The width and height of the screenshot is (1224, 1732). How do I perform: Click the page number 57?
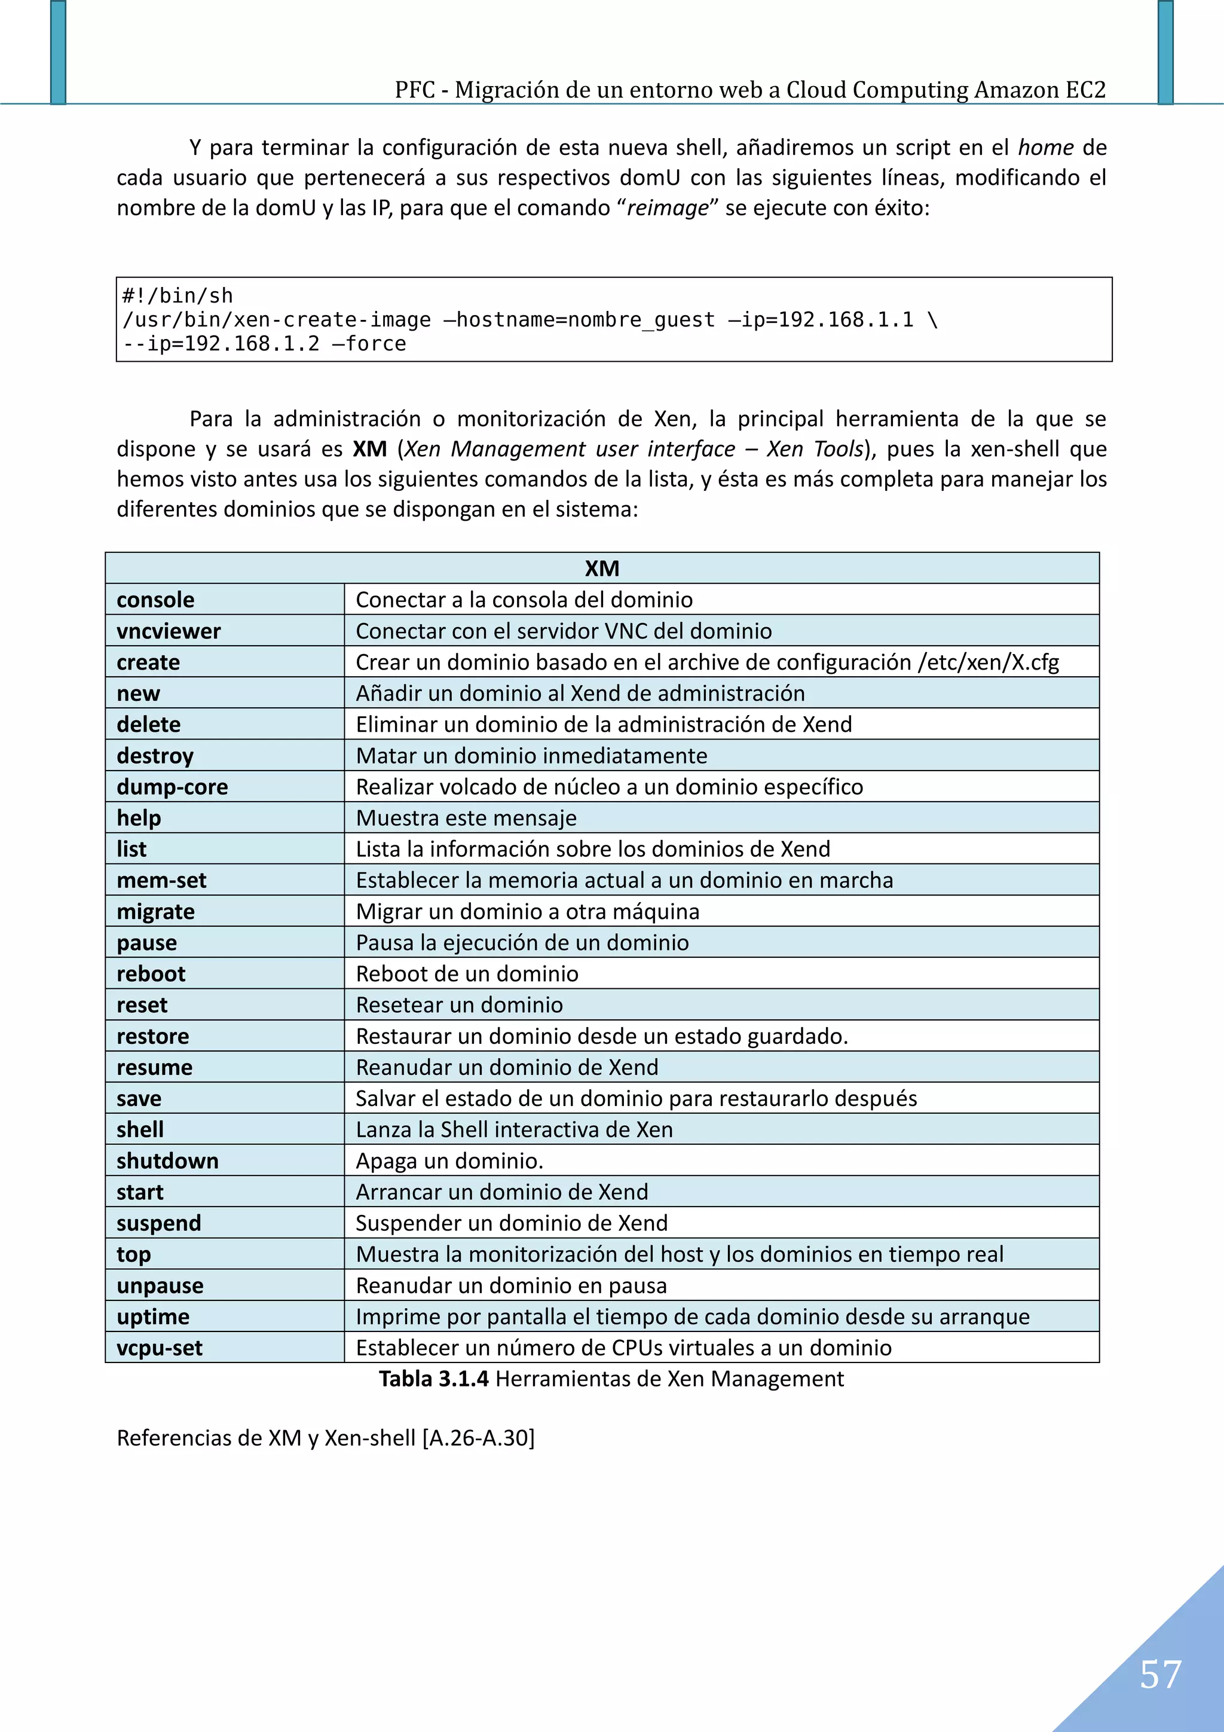point(1160,1674)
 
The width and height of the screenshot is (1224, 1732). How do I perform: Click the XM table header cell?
point(602,568)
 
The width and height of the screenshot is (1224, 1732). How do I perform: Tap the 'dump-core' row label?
point(172,787)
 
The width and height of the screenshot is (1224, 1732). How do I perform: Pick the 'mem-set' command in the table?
point(161,880)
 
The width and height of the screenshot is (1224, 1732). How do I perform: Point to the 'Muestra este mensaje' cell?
point(466,818)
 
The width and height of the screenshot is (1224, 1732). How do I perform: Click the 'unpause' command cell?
point(160,1285)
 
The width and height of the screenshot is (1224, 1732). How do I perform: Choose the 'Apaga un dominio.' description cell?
point(449,1160)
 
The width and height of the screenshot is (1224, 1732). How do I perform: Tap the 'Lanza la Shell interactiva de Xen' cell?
point(515,1129)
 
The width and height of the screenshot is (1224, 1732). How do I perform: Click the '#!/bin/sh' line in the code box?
point(178,296)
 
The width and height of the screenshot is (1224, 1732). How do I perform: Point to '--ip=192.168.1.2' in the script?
point(221,344)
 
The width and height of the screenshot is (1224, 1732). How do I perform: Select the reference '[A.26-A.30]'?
point(478,1438)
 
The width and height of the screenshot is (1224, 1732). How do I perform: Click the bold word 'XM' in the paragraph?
point(369,449)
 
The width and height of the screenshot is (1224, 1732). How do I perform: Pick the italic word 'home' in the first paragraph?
point(1045,147)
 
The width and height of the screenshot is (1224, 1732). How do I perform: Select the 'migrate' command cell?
point(155,911)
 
